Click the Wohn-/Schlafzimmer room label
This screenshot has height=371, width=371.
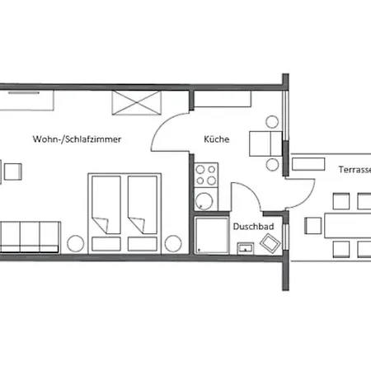pyautogui.click(x=77, y=139)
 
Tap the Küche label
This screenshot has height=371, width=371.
pyautogui.click(x=217, y=139)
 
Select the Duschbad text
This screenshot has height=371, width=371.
pyautogui.click(x=253, y=227)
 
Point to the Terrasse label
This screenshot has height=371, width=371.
pyautogui.click(x=355, y=170)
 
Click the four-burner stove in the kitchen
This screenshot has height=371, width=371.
pyautogui.click(x=206, y=175)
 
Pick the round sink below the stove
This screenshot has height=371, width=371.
pyautogui.click(x=204, y=201)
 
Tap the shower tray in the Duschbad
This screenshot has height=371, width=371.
pyautogui.click(x=212, y=235)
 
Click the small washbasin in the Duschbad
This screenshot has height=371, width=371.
pyautogui.click(x=246, y=248)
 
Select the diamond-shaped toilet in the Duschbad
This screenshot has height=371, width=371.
pyautogui.click(x=270, y=242)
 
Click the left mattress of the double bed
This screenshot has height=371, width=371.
pyautogui.click(x=106, y=204)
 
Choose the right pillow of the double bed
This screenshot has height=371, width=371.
pyautogui.click(x=143, y=244)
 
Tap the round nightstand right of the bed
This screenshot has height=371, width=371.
pyautogui.click(x=173, y=243)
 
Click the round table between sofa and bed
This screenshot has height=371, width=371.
pyautogui.click(x=76, y=243)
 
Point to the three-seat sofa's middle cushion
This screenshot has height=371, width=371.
pyautogui.click(x=30, y=237)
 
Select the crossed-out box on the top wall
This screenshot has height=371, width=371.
pyautogui.click(x=136, y=103)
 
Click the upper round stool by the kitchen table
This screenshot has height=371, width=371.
pyautogui.click(x=272, y=122)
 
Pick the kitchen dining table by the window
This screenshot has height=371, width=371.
pyautogui.click(x=265, y=143)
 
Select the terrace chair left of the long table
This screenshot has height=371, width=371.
pyautogui.click(x=313, y=226)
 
